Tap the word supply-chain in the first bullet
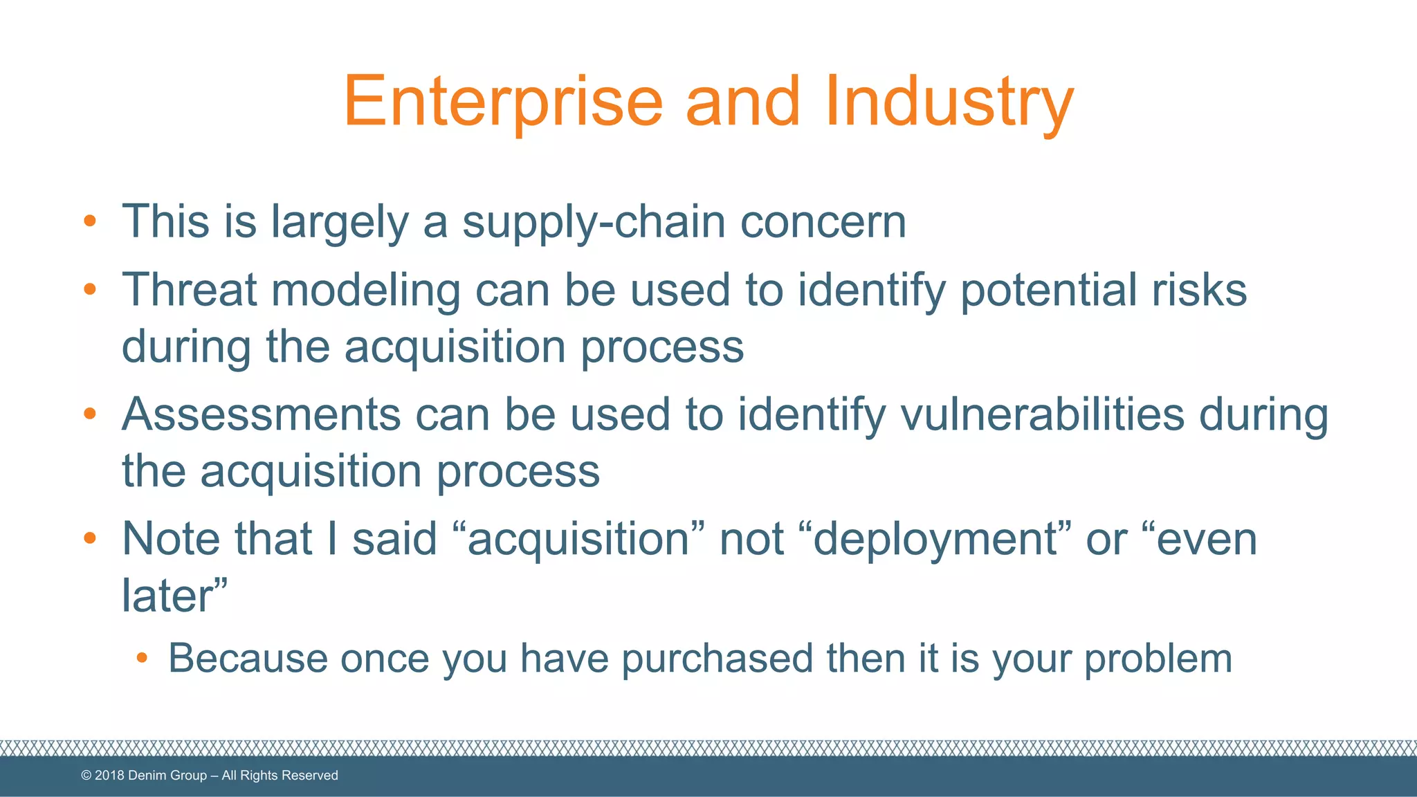[x=594, y=223]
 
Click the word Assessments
[x=262, y=414]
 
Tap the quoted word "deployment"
[x=935, y=539]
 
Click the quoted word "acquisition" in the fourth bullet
[x=578, y=539]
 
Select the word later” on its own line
[x=174, y=595]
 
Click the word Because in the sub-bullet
[x=248, y=658]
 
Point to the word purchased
[x=717, y=658]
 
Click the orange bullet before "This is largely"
[x=89, y=222]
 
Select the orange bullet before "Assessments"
[x=89, y=414]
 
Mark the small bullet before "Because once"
[x=142, y=657]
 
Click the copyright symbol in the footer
[x=86, y=776]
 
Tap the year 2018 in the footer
[x=109, y=776]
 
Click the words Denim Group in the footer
[x=167, y=776]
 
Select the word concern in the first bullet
[x=823, y=223]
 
